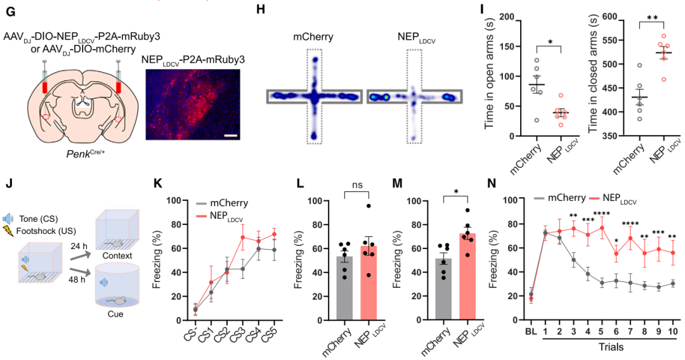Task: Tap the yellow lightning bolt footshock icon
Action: coord(8,231)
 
